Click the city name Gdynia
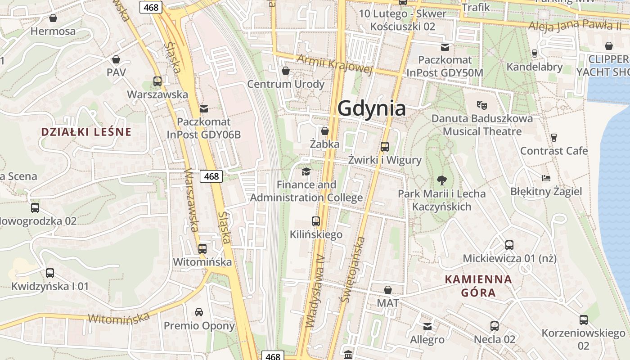(371, 108)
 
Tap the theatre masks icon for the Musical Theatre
(482, 105)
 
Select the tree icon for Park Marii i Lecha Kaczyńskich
(442, 180)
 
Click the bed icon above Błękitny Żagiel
(546, 178)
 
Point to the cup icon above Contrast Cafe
(554, 137)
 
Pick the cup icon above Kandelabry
(535, 53)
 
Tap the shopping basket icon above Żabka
(324, 131)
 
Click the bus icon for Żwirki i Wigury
(384, 146)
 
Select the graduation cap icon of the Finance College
(306, 171)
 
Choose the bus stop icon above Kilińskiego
(316, 221)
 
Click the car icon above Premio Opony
(199, 312)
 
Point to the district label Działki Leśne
(86, 132)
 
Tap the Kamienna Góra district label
(478, 286)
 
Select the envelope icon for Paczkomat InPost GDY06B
(204, 108)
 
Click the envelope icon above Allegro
(427, 326)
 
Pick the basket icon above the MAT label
(388, 290)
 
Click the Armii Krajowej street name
(335, 64)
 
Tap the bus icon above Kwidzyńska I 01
(50, 273)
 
